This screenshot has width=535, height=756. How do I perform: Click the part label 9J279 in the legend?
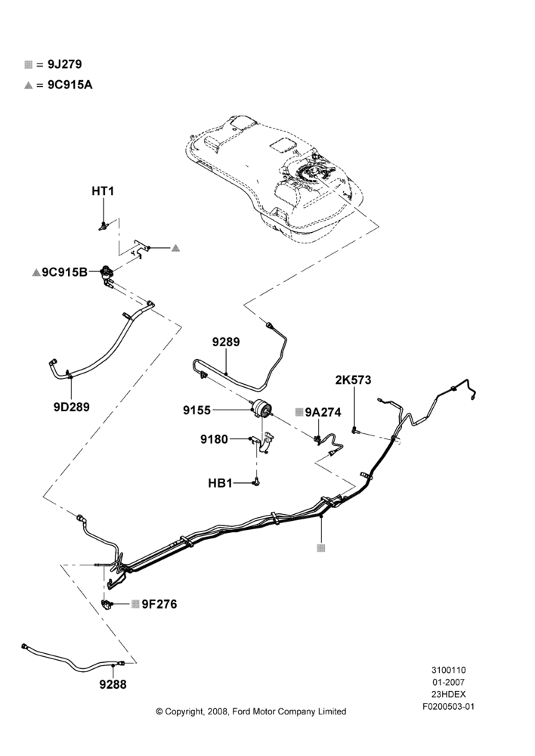(x=64, y=64)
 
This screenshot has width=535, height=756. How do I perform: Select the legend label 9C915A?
(x=70, y=85)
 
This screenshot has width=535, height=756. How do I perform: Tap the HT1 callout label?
(x=103, y=191)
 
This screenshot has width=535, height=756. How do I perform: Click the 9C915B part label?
(x=64, y=272)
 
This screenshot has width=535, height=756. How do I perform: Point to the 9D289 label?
(x=71, y=407)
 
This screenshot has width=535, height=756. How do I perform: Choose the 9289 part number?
(x=226, y=342)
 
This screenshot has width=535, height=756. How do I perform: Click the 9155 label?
(x=196, y=411)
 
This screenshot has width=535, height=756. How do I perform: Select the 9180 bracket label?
(x=214, y=439)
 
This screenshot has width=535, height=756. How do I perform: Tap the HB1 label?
(x=220, y=482)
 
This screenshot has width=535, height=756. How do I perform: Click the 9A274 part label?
(x=323, y=412)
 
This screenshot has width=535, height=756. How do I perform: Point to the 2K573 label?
(x=354, y=380)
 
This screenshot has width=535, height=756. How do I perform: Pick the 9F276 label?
(x=159, y=604)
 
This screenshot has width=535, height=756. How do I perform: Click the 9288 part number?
(x=113, y=684)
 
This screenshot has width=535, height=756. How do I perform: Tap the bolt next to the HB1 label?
(x=256, y=482)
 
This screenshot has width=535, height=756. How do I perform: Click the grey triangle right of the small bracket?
(x=176, y=248)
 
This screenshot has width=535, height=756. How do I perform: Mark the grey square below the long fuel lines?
(x=321, y=548)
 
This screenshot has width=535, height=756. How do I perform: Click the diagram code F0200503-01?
(x=448, y=708)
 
